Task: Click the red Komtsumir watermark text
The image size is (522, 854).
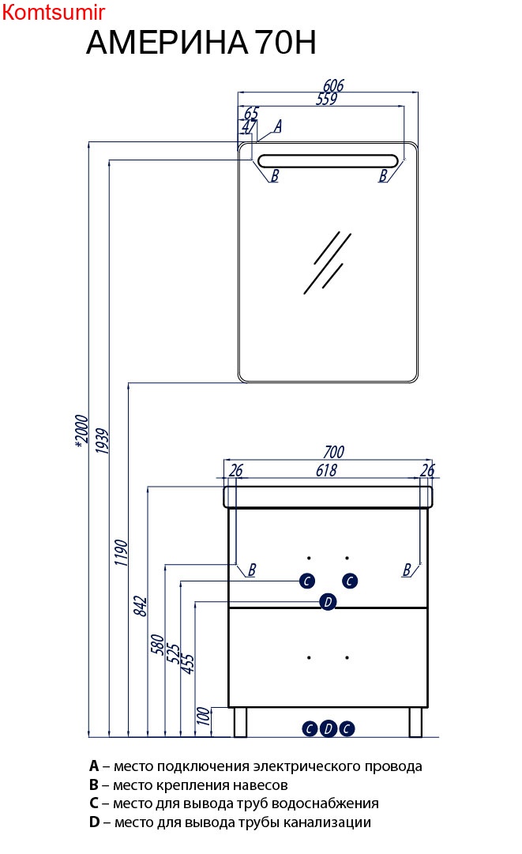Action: [x=53, y=11]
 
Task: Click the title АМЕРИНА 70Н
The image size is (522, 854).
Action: [x=201, y=43]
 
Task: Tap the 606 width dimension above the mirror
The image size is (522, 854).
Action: [x=333, y=85]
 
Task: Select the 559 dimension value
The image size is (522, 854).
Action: [x=327, y=99]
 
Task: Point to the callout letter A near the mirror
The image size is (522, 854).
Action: [x=278, y=126]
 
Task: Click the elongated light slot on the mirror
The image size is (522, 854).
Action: [x=328, y=160]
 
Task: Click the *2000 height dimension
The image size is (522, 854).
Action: [x=81, y=431]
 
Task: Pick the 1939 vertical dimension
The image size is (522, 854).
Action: [x=102, y=441]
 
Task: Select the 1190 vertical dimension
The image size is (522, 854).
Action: [x=121, y=552]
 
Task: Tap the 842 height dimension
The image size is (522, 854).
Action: [x=140, y=606]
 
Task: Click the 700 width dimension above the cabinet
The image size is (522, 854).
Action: [x=334, y=452]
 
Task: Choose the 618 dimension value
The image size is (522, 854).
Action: [x=327, y=470]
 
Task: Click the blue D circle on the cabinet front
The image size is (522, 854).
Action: [x=328, y=602]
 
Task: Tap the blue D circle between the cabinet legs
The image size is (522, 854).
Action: [x=329, y=728]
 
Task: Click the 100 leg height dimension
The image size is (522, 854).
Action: [x=204, y=716]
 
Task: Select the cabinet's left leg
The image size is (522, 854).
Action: [x=241, y=722]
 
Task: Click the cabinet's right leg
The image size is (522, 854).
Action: [x=415, y=722]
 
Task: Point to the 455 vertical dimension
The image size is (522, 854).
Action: [x=187, y=664]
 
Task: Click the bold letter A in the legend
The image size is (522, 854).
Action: [x=94, y=766]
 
